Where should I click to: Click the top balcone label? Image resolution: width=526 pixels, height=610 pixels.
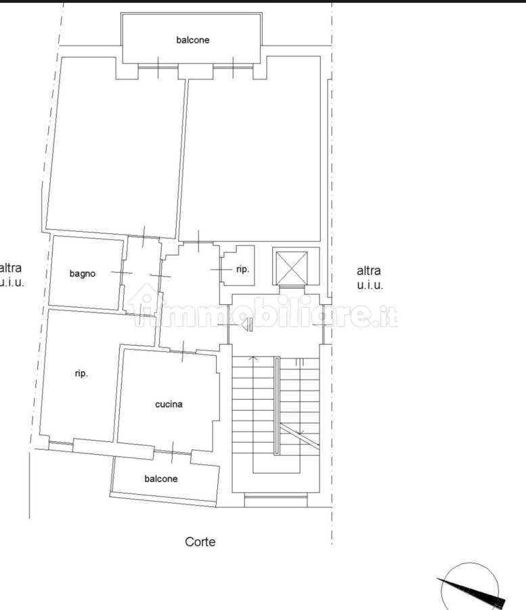193,40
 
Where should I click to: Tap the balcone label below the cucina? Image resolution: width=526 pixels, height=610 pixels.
161,479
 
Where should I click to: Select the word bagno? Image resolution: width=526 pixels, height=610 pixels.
83,274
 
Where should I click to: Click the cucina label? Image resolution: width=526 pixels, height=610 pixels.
169,404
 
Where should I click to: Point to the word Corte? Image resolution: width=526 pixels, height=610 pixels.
200,542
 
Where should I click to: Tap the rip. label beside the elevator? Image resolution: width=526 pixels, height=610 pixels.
243,269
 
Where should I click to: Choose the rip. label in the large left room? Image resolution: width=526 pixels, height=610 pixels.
81,373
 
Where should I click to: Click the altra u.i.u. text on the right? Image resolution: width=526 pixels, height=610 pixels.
370,278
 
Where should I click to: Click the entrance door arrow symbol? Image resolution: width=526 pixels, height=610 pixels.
247,324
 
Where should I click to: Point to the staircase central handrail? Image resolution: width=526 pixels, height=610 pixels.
277,406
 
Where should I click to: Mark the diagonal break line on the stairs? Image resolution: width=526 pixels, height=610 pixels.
299,436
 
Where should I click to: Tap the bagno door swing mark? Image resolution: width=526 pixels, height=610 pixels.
122,272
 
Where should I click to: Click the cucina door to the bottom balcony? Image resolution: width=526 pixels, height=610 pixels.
173,452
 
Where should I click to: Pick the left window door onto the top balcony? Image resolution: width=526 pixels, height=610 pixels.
158,68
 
